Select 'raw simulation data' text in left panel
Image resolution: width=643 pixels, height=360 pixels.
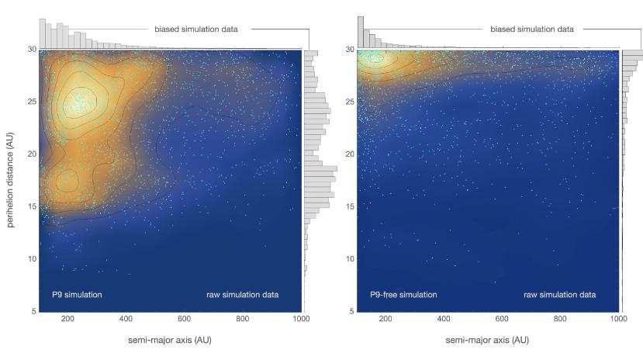(x=242, y=295)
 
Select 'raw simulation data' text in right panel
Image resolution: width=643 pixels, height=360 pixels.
(x=560, y=295)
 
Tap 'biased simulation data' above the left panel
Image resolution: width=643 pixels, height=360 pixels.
(x=198, y=29)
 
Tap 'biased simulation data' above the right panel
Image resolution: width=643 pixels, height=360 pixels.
(x=532, y=29)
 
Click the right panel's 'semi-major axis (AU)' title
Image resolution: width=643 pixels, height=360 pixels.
(x=486, y=341)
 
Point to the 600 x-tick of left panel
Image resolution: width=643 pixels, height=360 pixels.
(x=184, y=319)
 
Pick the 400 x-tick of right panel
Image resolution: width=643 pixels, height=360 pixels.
(x=444, y=319)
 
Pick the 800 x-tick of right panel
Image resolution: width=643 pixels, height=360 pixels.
(x=560, y=319)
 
